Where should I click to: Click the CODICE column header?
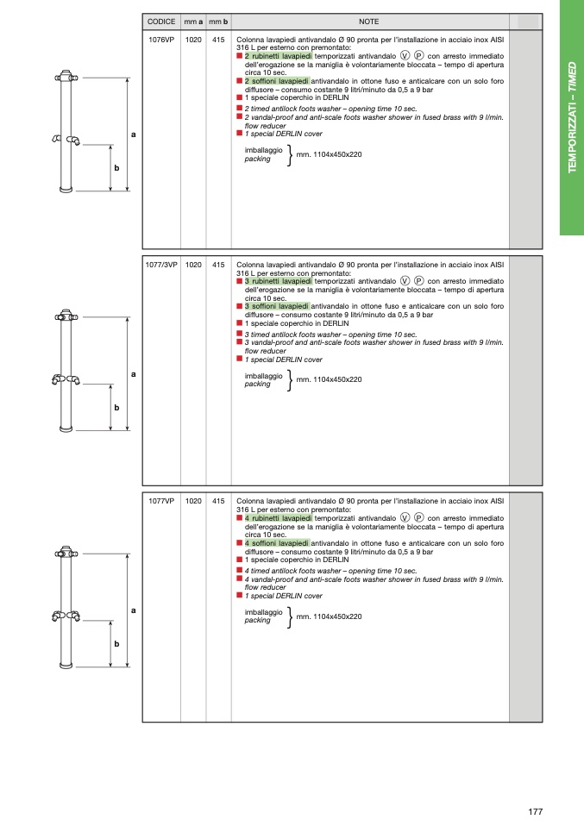click(161, 22)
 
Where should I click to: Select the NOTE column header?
click(369, 22)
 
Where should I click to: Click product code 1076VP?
click(161, 40)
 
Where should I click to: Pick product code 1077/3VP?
click(161, 266)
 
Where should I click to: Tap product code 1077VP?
click(161, 501)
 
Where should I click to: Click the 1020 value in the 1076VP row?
click(193, 40)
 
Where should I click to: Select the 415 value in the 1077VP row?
click(218, 501)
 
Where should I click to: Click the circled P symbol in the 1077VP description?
click(418, 518)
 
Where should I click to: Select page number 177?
click(535, 810)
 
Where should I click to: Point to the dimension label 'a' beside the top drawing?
click(134, 135)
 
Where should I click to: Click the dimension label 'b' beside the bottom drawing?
click(116, 643)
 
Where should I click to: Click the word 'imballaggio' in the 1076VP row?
click(263, 149)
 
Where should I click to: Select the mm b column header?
click(218, 22)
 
